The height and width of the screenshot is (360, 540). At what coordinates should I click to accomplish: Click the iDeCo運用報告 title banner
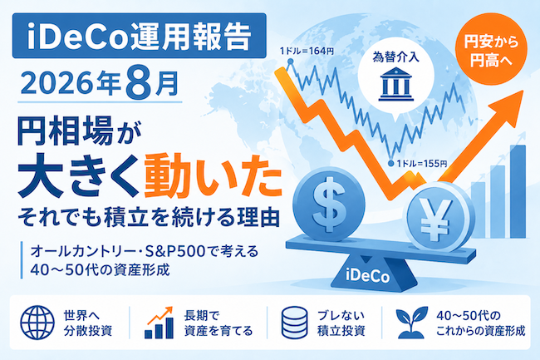coord(139,36)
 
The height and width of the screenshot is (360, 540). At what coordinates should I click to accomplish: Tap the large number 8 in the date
coord(139,82)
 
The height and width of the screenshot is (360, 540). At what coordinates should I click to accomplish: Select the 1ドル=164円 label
coord(307,52)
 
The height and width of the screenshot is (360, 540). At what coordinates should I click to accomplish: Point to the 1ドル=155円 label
coord(422,163)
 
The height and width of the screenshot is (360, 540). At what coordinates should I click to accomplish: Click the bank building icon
coord(395,85)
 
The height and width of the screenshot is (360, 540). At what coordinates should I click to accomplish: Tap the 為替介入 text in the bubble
coord(396,57)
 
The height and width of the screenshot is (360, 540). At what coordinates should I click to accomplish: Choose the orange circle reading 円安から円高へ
coord(491,49)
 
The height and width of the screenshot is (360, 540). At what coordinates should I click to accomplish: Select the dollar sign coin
coord(328,204)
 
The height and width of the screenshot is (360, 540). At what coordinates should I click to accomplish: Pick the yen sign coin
coord(437,217)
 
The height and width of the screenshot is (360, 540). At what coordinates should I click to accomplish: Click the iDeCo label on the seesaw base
coord(367,276)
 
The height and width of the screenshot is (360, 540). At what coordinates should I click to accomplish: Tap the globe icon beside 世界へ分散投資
coord(37,323)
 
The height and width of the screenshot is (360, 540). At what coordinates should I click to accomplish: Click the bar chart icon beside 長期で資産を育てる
coord(160,323)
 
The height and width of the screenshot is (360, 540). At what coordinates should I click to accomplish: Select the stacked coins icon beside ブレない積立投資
coord(294,323)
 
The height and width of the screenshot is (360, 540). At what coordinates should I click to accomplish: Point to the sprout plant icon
coord(411,323)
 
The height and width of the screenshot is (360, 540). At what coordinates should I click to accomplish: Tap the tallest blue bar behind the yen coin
coord(518,191)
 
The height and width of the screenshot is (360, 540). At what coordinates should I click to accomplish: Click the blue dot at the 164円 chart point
coord(290,62)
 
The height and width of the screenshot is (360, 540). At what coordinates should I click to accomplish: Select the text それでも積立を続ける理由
coord(149,217)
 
